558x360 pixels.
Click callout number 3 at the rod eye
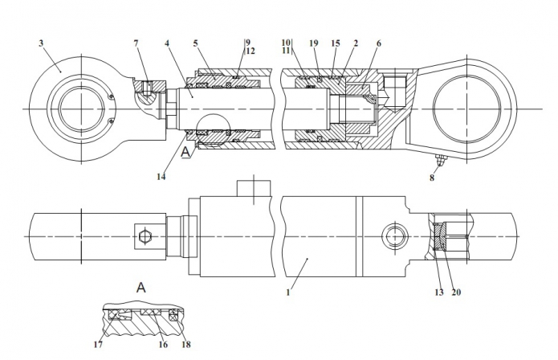point(41,43)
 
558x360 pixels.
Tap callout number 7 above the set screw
point(136,43)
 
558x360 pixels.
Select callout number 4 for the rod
point(167,43)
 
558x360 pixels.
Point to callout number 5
point(196,43)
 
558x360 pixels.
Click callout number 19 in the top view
point(313,43)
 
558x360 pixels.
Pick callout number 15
point(336,43)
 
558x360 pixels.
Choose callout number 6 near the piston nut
point(379,43)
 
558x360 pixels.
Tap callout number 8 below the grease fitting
point(432,178)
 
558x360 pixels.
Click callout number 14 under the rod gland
point(161,176)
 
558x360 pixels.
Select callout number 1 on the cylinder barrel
point(288,292)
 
